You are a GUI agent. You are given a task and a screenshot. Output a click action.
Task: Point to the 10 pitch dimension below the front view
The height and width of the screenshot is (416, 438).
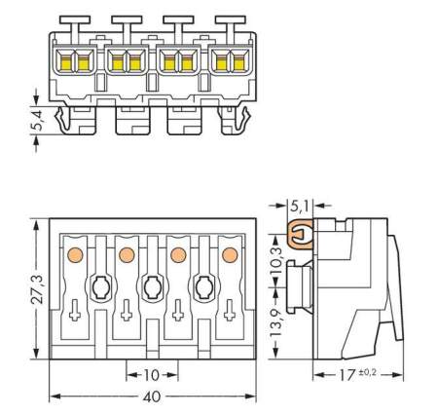[152, 374]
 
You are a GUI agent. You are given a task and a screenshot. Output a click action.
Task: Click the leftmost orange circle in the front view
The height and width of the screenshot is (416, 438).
[73, 255]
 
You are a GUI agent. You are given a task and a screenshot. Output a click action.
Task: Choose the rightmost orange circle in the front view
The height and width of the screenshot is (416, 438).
[230, 255]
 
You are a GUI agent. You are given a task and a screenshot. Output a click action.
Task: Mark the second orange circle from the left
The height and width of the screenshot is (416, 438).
[126, 255]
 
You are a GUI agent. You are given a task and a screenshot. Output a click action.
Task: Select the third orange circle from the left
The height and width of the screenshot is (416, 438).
[178, 255]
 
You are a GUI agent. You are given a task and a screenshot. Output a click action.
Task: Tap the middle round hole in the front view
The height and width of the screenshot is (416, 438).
[152, 287]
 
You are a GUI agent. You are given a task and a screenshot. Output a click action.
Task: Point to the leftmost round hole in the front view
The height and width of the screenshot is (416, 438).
[99, 287]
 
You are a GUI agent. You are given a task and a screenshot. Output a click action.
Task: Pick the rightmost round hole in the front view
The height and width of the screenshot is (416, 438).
[204, 287]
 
